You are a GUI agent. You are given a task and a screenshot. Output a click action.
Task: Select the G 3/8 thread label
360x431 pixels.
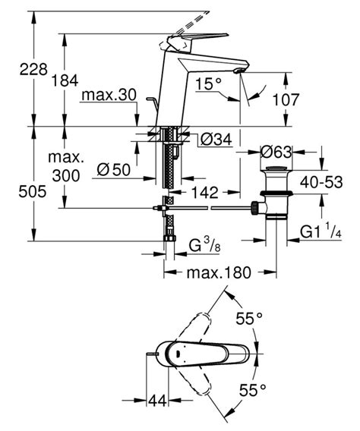click(205, 245)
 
